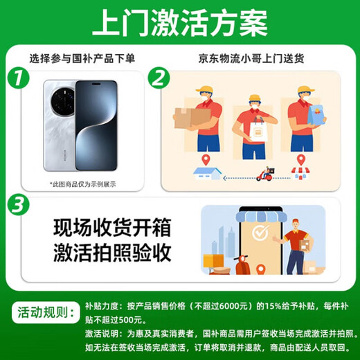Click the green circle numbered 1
[18, 78]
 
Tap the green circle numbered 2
[159, 78]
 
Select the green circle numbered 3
[18, 205]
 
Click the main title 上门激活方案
[180, 23]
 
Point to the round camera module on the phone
[63, 102]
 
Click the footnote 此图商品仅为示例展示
[83, 184]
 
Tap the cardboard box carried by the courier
[192, 118]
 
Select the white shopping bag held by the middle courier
[258, 130]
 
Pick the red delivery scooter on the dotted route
[266, 174]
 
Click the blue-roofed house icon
[207, 174]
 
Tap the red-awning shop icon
[300, 173]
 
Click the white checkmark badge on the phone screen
[260, 233]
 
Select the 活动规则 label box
[46, 313]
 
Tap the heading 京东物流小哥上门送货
[251, 59]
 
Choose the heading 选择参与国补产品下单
[82, 59]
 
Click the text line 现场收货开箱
[112, 228]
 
